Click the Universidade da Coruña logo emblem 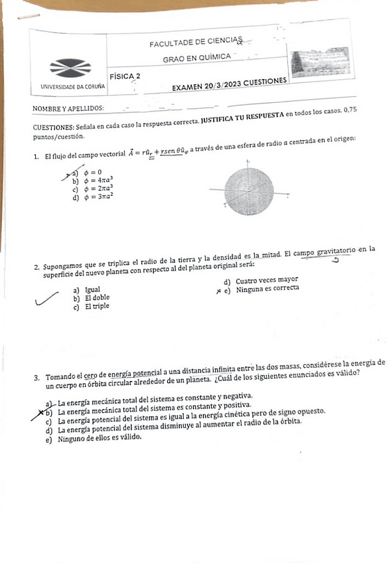pyautogui.click(x=70, y=67)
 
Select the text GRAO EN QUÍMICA pyautogui.click(x=197, y=58)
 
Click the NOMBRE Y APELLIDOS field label pyautogui.click(x=68, y=108)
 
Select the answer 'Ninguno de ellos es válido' pyautogui.click(x=100, y=438)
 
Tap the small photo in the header pyautogui.click(x=320, y=62)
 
